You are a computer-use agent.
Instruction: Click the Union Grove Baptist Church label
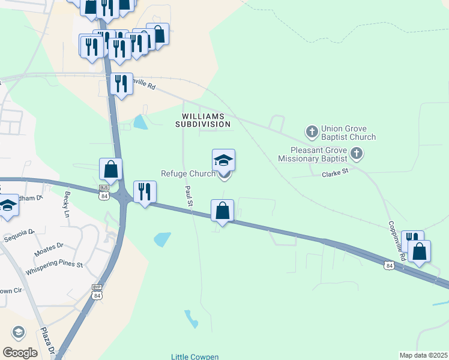click(x=348, y=133)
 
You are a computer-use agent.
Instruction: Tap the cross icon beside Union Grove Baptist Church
click(x=312, y=131)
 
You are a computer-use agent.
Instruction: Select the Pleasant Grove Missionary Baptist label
click(x=312, y=155)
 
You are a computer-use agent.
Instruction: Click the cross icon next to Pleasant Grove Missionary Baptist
click(x=357, y=154)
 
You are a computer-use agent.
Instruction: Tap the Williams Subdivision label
click(x=203, y=120)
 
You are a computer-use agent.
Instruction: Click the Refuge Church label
click(x=187, y=174)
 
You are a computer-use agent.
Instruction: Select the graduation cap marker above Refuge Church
click(x=223, y=160)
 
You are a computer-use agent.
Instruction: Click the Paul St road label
click(x=189, y=196)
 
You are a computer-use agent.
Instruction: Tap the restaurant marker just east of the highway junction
click(x=144, y=191)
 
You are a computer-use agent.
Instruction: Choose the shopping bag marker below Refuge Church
click(x=222, y=211)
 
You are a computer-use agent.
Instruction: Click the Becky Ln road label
click(x=66, y=205)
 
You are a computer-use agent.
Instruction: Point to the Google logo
click(x=20, y=353)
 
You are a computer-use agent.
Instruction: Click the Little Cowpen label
click(x=195, y=356)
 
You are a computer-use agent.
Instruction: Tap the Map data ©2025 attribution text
click(x=423, y=355)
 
